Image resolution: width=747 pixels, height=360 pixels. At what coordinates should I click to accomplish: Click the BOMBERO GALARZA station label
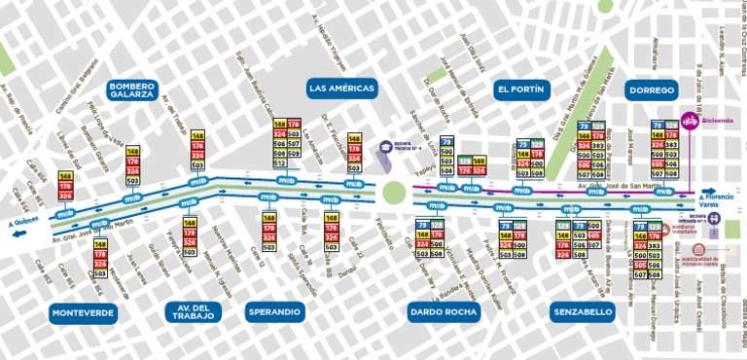click(131, 90)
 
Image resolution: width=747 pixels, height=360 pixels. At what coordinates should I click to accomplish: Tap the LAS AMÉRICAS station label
click(341, 89)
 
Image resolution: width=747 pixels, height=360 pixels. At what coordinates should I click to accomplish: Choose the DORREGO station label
click(651, 90)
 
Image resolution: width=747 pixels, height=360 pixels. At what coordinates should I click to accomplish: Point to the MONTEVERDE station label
click(83, 312)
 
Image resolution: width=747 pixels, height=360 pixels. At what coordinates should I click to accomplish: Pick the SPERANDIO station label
click(273, 312)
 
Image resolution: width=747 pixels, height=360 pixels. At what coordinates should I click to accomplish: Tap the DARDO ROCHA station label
click(444, 312)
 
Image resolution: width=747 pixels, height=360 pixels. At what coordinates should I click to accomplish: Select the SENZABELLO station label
click(582, 312)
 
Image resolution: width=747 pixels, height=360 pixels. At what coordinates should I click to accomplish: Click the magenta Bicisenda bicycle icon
click(690, 122)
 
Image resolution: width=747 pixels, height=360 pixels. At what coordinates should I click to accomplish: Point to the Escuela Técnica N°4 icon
click(385, 148)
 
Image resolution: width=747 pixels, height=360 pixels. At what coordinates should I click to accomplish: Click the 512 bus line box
click(280, 162)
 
